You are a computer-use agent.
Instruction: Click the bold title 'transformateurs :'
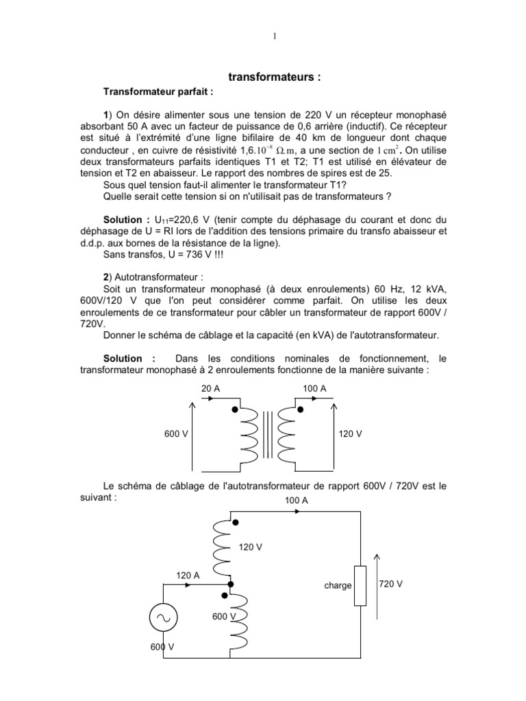(x=274, y=78)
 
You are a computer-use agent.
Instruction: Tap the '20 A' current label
(x=210, y=388)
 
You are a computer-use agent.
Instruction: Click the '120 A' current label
(x=188, y=576)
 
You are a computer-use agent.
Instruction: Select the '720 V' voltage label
(x=390, y=584)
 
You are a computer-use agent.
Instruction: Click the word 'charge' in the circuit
(x=338, y=585)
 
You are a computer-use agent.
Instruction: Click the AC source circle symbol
(x=164, y=618)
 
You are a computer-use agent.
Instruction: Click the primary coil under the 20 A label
(x=248, y=437)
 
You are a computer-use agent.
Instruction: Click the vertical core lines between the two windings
(x=266, y=437)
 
